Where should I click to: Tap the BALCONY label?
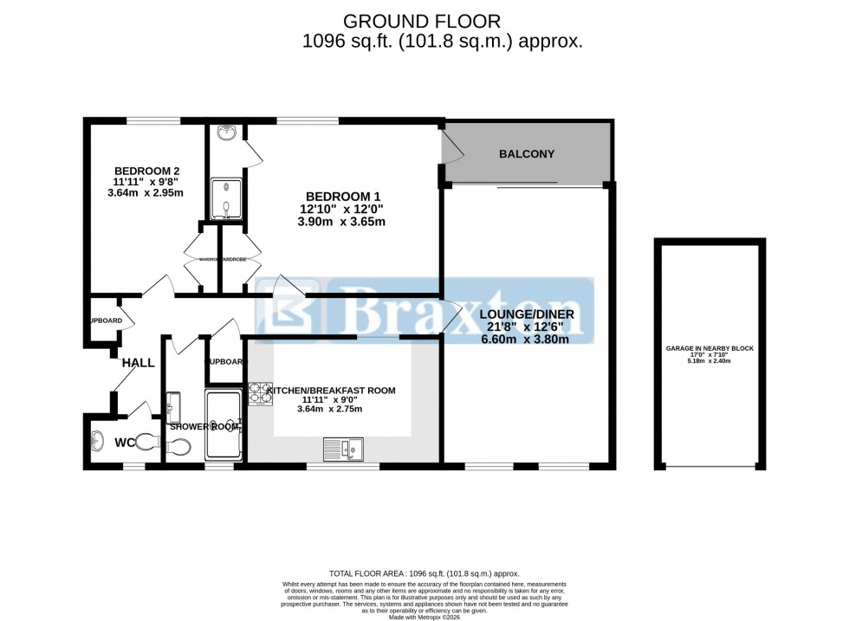click(526, 154)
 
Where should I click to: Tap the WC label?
click(125, 443)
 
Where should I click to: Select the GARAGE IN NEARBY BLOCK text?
click(710, 348)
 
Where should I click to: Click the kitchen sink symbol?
click(344, 448)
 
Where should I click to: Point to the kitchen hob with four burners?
click(260, 394)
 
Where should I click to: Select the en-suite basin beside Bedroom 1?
click(227, 133)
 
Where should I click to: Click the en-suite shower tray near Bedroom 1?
click(227, 197)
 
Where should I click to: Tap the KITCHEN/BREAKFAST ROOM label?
click(331, 391)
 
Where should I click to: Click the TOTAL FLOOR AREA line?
click(423, 573)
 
